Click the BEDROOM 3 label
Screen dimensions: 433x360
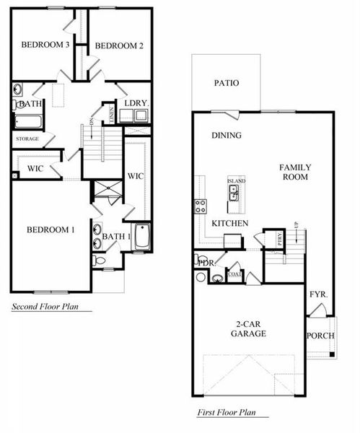[x=45, y=45]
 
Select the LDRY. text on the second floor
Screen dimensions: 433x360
[x=135, y=104]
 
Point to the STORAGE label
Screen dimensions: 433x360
[x=27, y=138]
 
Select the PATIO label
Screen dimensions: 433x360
[x=226, y=83]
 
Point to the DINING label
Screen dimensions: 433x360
[x=226, y=135]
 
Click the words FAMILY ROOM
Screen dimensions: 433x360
[x=294, y=172]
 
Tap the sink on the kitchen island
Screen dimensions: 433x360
[x=234, y=191]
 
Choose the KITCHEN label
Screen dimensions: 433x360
[x=230, y=224]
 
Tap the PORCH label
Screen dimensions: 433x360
[x=320, y=336]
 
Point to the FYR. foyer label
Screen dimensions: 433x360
[x=318, y=294]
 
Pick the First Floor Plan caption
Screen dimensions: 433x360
[x=232, y=414]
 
